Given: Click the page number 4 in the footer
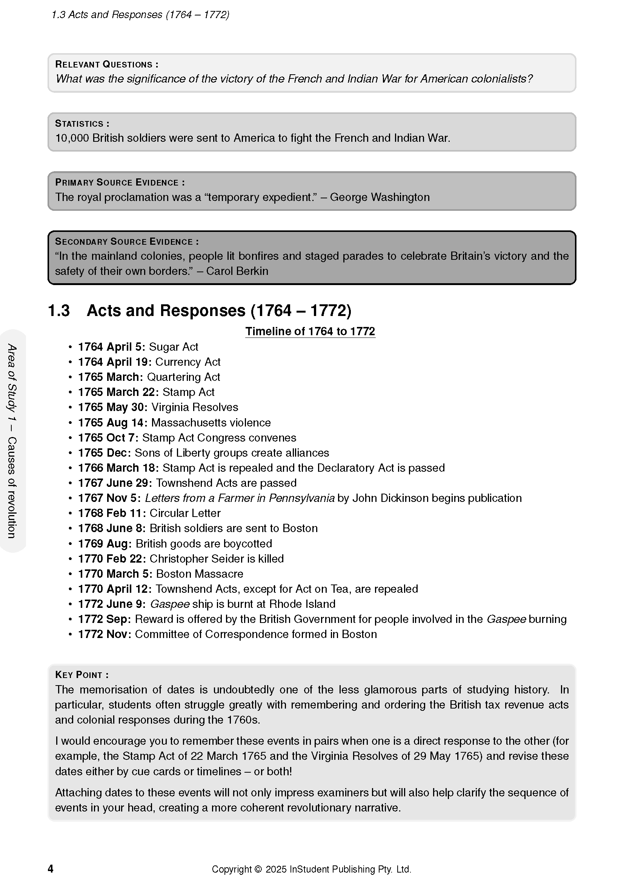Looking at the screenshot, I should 50,869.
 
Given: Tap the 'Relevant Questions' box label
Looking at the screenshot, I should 106,64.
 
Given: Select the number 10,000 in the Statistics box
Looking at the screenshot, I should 72,138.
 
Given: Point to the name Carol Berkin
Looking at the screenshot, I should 237,271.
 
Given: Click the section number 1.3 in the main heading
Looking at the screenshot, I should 59,310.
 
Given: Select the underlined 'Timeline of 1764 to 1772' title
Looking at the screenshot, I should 310,331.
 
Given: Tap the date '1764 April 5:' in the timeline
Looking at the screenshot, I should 111,347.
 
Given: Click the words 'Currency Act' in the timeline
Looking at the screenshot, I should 188,362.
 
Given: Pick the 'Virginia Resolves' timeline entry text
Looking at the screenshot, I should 195,407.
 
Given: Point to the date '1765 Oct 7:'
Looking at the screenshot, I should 108,437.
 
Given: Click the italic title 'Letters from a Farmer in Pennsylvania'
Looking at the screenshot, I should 240,498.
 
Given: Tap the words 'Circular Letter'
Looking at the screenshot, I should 185,513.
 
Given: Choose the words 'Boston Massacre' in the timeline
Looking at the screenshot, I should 200,574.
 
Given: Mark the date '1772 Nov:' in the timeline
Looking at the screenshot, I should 105,634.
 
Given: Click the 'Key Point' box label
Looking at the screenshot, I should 81,675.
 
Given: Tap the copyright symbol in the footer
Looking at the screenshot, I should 258,869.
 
